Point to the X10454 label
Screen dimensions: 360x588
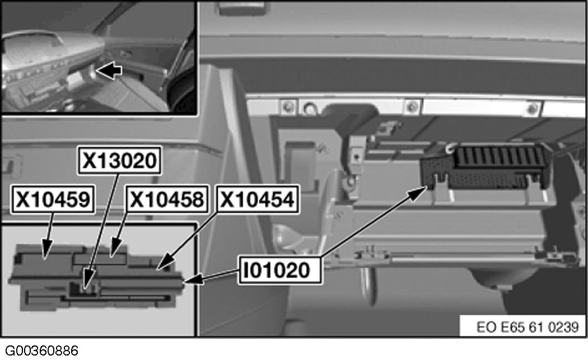click(x=256, y=200)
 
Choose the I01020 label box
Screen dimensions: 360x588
click(x=276, y=270)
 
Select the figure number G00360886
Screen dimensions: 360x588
click(x=40, y=351)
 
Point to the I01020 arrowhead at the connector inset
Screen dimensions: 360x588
click(x=188, y=279)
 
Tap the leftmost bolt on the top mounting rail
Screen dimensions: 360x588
click(x=289, y=105)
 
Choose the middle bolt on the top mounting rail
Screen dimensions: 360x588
click(x=412, y=105)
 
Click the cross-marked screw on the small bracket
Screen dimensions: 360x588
click(x=356, y=157)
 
